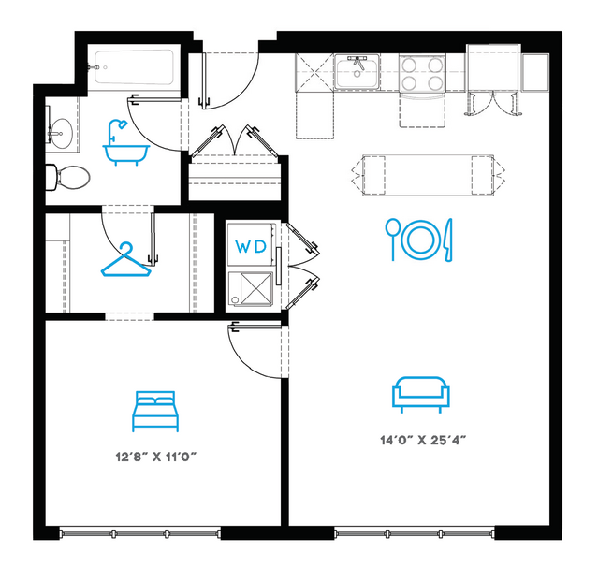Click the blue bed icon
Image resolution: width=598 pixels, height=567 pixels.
click(155, 412)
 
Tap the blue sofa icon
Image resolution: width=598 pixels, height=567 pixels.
click(421, 395)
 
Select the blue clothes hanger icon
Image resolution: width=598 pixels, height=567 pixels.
click(125, 260)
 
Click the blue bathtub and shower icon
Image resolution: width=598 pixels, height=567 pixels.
click(125, 143)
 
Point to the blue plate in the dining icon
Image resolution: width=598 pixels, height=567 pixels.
click(420, 240)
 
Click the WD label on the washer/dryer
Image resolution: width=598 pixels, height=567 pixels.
click(251, 247)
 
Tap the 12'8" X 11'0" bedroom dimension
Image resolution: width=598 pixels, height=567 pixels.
click(156, 457)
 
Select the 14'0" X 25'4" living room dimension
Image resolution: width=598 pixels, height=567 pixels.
click(423, 440)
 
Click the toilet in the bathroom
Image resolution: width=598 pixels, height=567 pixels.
click(68, 178)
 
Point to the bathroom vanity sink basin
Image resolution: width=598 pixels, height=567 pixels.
click(62, 133)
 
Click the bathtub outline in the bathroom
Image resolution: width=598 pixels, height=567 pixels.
click(134, 67)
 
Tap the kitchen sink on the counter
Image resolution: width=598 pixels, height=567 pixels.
click(357, 72)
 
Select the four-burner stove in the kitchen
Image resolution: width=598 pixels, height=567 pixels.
click(422, 73)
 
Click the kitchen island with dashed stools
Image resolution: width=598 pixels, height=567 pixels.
click(428, 175)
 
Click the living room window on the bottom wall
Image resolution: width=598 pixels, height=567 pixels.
click(415, 532)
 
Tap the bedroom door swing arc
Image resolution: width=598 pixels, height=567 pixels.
click(244, 361)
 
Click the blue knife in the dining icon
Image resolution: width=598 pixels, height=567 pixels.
click(447, 240)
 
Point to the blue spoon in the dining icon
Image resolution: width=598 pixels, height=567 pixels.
click(392, 240)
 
